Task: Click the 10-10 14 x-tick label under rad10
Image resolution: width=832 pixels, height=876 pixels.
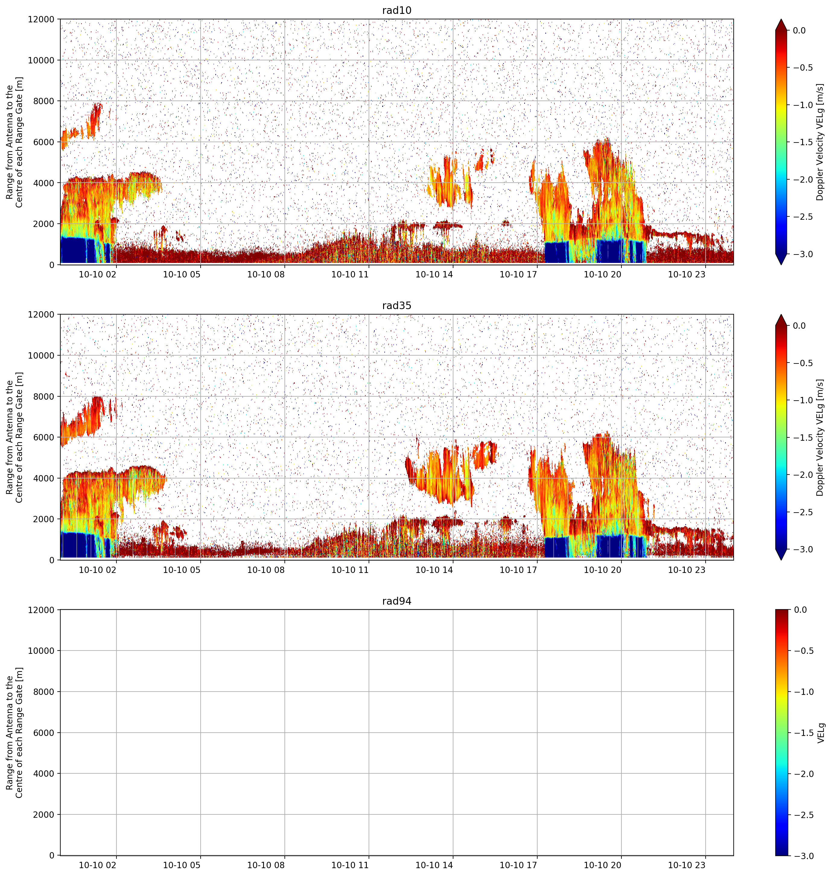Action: pos(434,274)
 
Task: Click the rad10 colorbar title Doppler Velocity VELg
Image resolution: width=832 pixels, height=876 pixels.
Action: pos(820,142)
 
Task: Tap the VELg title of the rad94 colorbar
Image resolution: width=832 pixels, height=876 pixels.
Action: pos(821,733)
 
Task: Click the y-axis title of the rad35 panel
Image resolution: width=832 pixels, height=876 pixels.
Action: pos(14,438)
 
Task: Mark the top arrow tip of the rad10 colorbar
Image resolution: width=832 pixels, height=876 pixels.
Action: pos(781,19)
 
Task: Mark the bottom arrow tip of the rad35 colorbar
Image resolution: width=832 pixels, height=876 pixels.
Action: pos(781,560)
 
